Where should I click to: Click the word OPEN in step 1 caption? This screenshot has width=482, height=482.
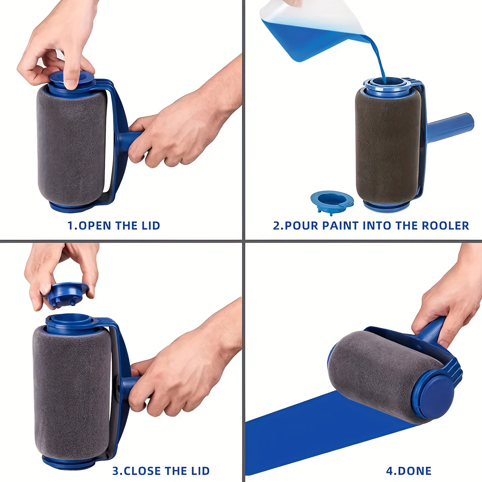coord(95,226)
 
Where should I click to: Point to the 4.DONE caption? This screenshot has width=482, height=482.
coord(409,471)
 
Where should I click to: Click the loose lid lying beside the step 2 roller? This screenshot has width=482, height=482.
coord(332,200)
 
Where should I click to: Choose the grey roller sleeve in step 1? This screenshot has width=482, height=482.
coord(72,147)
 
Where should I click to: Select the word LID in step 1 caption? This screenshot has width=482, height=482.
coord(151,226)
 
